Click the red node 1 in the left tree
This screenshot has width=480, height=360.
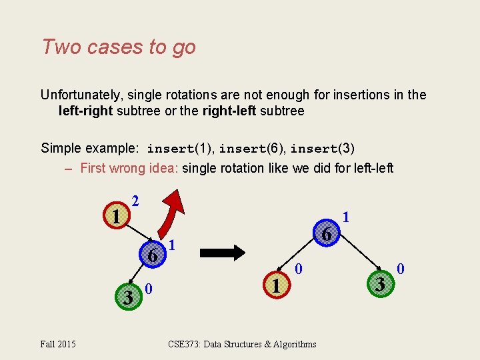coord(116,217)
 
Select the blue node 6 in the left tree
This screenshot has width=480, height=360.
coord(152,255)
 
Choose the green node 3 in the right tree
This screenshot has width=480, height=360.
coord(379,285)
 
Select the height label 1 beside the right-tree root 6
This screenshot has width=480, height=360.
coord(345,217)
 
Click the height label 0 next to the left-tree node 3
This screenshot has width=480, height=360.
coord(149,289)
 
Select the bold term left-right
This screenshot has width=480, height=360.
coord(86,111)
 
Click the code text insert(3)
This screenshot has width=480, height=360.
coord(322,148)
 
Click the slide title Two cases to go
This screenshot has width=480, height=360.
coord(119,47)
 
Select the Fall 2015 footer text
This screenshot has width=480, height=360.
coord(57,344)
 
